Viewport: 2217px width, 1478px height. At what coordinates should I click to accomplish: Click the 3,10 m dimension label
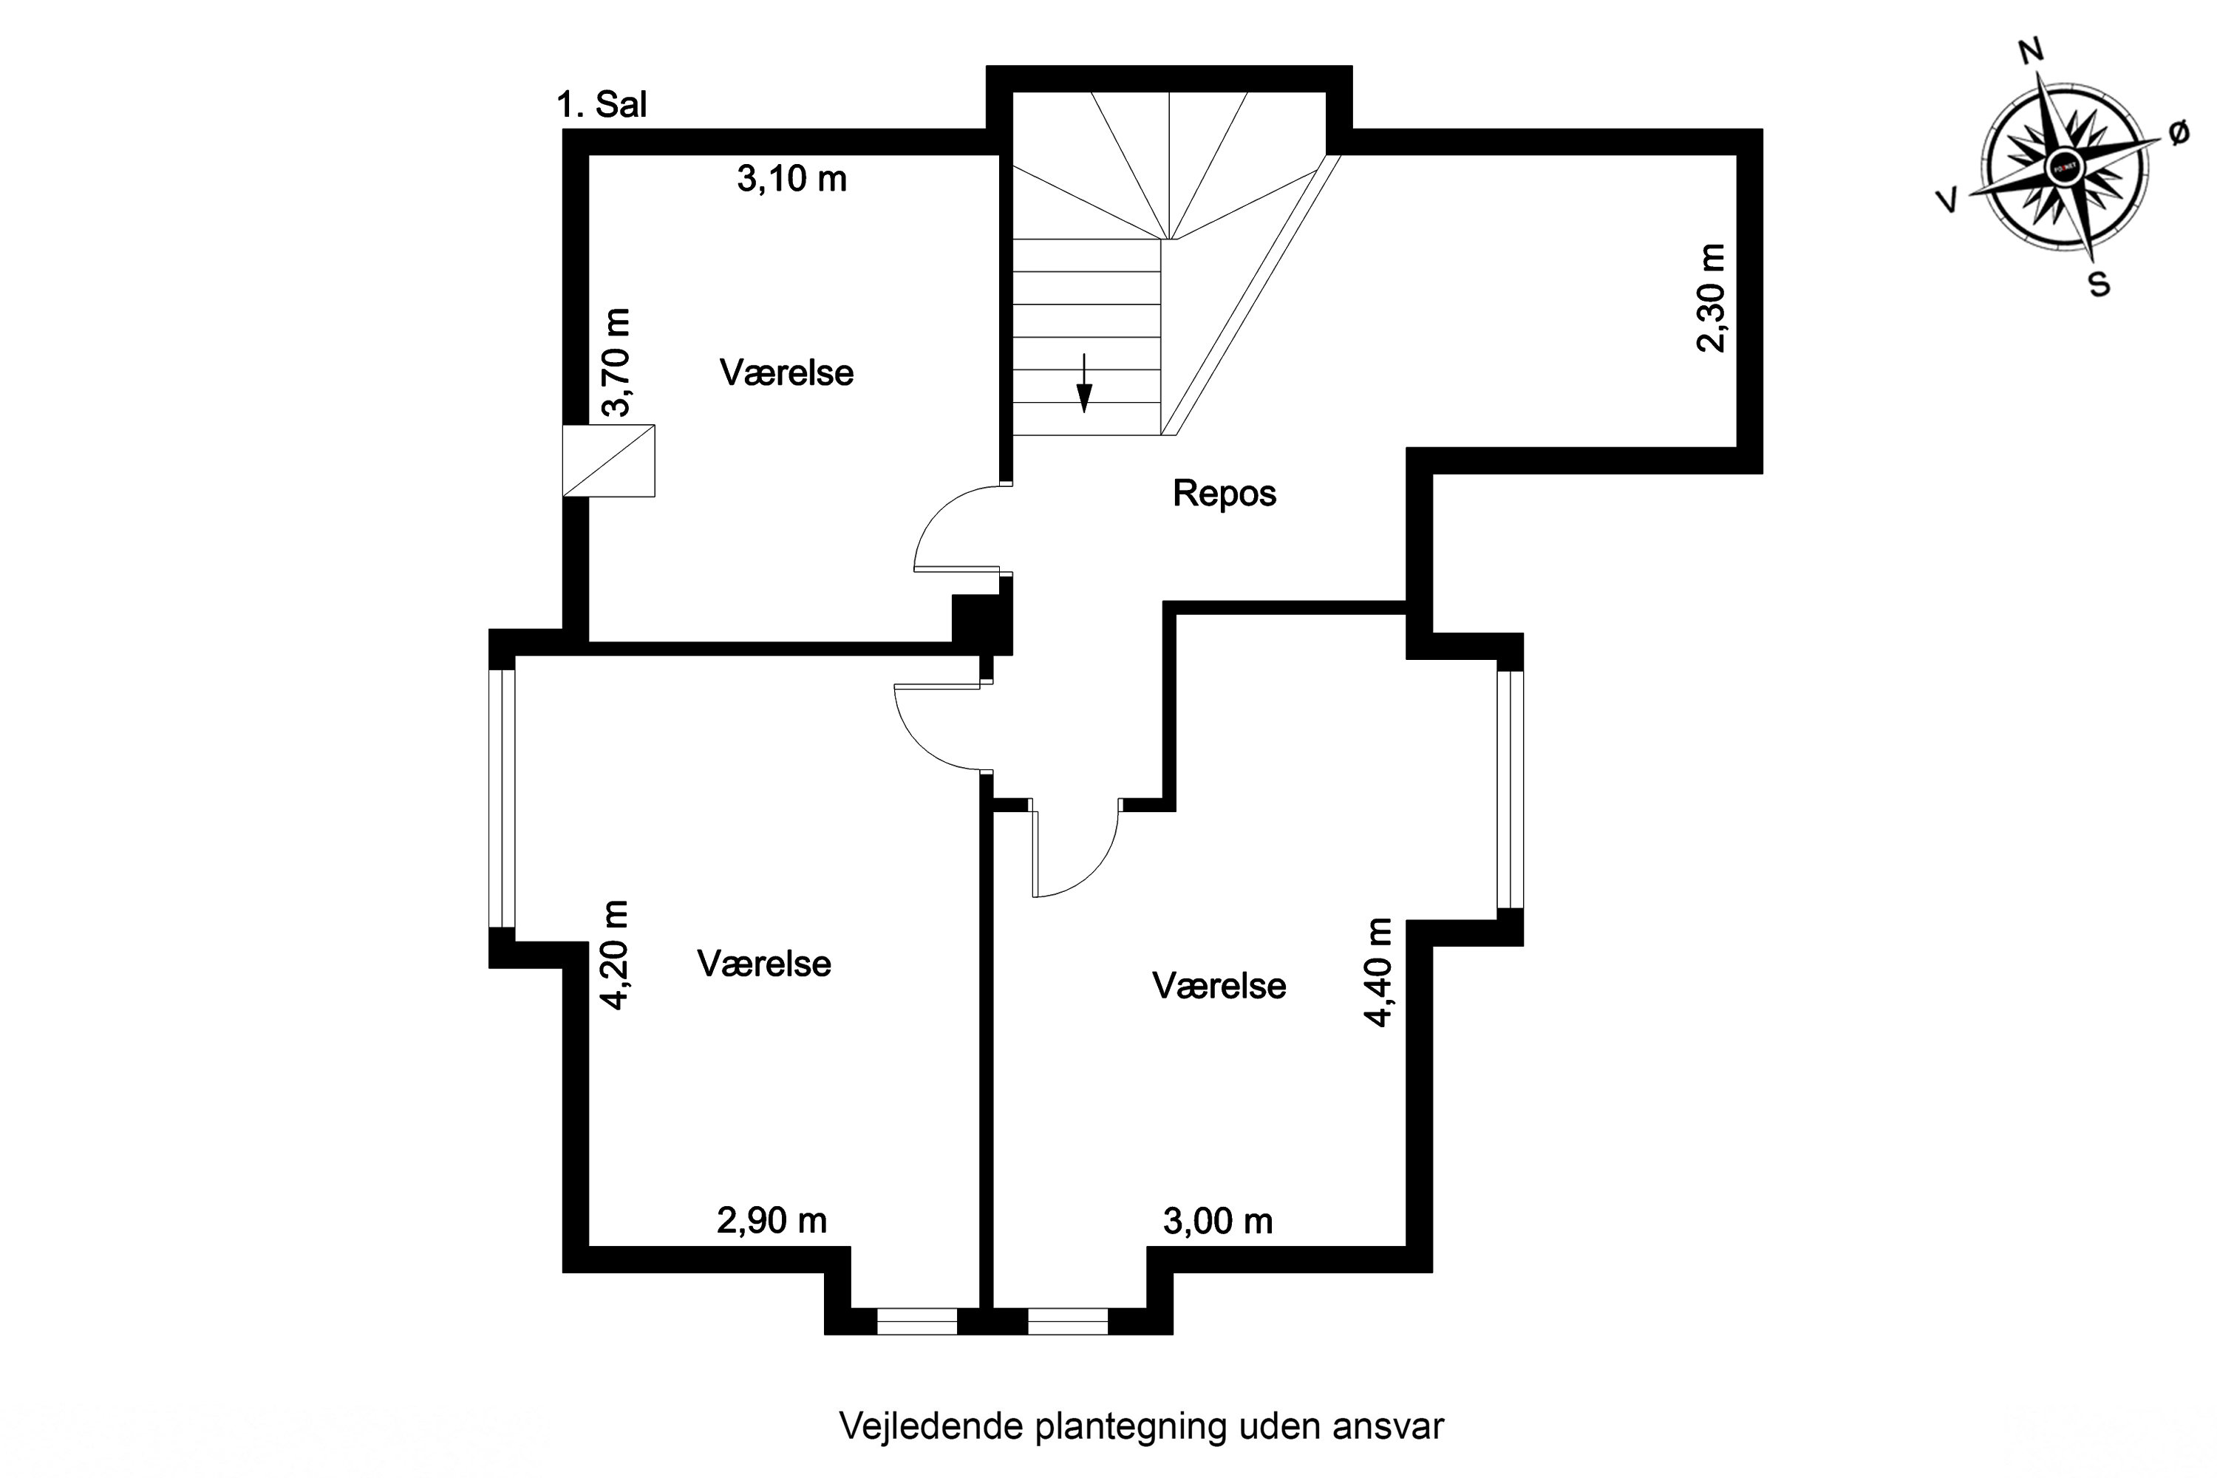791,178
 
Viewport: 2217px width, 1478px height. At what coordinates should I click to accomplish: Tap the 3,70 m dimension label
616,362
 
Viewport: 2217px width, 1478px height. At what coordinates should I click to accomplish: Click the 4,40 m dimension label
1378,972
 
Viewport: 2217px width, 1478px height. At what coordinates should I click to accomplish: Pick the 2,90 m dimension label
772,1221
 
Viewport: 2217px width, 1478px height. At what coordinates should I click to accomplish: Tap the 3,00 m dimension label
1218,1222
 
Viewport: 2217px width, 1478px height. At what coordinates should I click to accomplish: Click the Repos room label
1224,493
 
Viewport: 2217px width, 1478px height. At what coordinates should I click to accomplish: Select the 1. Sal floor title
602,105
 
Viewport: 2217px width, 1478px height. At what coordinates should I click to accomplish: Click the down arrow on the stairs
1084,384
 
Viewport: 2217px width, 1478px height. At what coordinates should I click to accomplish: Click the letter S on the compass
2099,283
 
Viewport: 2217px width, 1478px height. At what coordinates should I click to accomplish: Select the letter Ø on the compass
2179,134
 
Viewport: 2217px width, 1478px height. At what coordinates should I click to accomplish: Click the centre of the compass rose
2064,167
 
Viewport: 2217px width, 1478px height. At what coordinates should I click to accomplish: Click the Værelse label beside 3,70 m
786,373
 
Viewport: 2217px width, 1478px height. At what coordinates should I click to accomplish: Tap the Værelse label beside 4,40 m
1218,986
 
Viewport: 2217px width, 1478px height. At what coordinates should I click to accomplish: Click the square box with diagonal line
609,461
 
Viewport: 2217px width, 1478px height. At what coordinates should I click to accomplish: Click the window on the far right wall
1510,789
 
